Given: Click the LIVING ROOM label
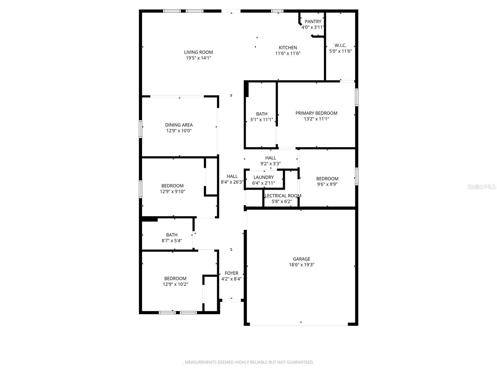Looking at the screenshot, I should (198, 52).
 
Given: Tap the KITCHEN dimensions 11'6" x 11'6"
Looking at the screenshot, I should (288, 53).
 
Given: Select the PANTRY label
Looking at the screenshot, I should (313, 21).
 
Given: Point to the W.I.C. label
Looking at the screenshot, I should (340, 45).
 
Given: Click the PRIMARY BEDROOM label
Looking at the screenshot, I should (316, 113).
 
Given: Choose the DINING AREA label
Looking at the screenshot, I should (179, 125).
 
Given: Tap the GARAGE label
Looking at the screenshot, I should (301, 259).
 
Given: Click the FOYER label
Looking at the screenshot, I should (231, 273).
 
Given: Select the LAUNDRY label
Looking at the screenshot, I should (263, 177).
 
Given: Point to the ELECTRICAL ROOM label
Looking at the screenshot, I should (283, 196).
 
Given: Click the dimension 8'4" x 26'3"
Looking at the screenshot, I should (232, 182).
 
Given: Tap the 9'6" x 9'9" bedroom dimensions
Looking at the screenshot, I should (327, 184).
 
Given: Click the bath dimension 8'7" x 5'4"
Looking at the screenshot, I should (172, 241).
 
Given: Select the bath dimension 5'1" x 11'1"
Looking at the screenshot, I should (262, 119).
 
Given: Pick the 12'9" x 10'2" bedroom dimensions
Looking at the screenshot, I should (175, 284).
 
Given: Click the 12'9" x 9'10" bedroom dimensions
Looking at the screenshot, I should (172, 191).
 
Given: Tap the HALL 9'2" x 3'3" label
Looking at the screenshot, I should (271, 158).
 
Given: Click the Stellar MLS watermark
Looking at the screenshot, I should (481, 187).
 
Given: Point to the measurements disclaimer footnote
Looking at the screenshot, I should (248, 362).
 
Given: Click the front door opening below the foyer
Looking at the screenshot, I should (231, 300).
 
